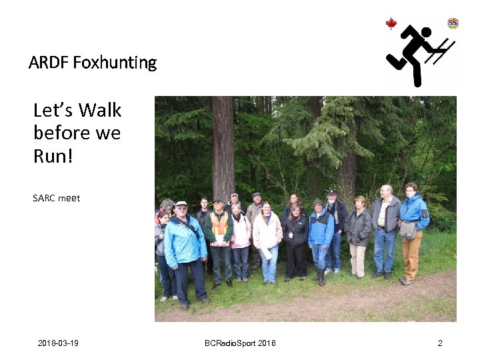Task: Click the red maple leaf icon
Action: pyautogui.click(x=391, y=24)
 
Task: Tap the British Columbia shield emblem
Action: pyautogui.click(x=453, y=23)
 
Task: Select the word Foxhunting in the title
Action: pyautogui.click(x=115, y=63)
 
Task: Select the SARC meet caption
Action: pyautogui.click(x=56, y=198)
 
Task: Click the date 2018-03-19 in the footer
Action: pyautogui.click(x=58, y=343)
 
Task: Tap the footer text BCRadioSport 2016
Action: pyautogui.click(x=240, y=343)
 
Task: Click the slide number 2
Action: pyautogui.click(x=440, y=343)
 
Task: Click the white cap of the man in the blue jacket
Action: pyautogui.click(x=181, y=204)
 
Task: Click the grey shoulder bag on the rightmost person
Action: pyautogui.click(x=407, y=230)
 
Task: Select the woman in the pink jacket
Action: pyautogui.click(x=240, y=233)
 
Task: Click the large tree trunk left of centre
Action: pyautogui.click(x=223, y=147)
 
